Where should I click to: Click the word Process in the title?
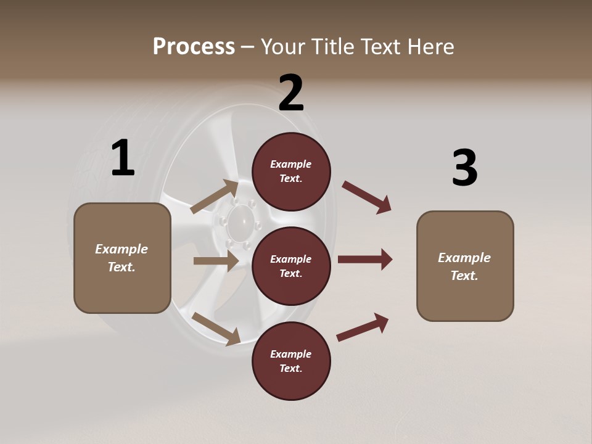coord(194,47)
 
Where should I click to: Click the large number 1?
coord(123,158)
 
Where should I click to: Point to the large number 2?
coord(291,94)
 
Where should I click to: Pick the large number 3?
coord(464,168)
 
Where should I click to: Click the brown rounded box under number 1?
coord(122,258)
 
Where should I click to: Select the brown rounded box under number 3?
coord(465,266)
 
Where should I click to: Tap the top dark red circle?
coord(291,171)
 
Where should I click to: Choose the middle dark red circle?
coord(291,266)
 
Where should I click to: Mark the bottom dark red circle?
coord(291,361)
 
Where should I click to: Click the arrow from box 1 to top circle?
coord(215,197)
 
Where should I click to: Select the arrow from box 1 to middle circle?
coord(216,261)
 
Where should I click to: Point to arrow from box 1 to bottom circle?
coord(216,328)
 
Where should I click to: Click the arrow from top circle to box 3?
coord(366,197)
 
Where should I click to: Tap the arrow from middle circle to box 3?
coord(365,260)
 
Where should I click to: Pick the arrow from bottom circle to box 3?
coord(363,327)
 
